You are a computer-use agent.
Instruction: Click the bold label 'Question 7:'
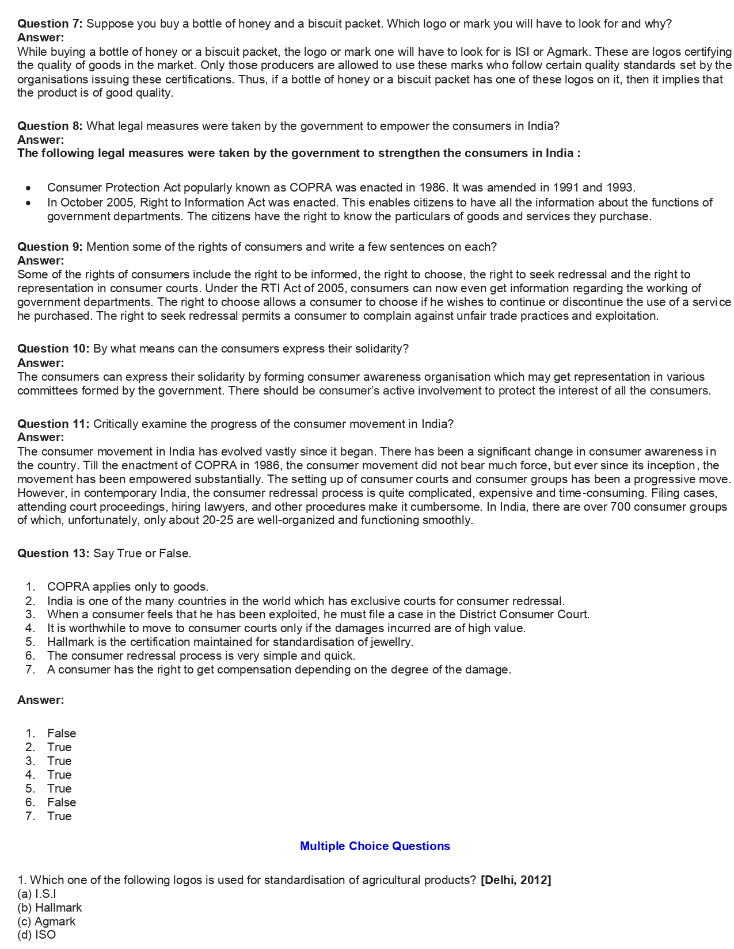pos(50,24)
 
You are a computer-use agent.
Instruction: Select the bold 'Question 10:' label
pos(53,349)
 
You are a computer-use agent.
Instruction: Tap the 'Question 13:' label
pos(53,553)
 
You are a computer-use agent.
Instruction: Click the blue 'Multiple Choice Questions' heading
pos(375,846)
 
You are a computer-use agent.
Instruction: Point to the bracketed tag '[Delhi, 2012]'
pos(516,880)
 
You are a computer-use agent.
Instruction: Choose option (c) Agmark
pos(46,921)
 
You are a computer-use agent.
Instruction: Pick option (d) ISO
pos(37,935)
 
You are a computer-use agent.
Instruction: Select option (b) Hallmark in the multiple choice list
pos(50,908)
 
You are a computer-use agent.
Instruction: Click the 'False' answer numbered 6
pos(62,802)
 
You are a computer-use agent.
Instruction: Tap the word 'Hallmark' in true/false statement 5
pos(70,642)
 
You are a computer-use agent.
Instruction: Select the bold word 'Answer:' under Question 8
pos(40,140)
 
